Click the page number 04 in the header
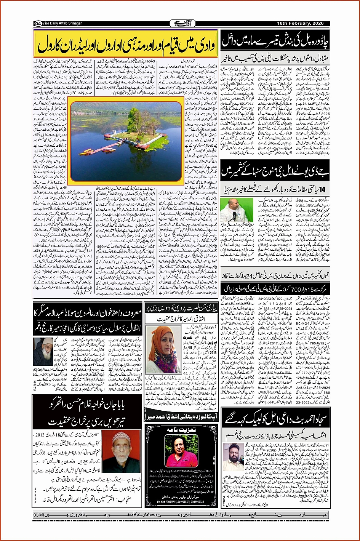38,23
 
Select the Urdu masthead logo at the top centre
181,23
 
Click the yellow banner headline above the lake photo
126,44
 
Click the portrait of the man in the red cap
122,451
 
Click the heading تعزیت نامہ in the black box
181,430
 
